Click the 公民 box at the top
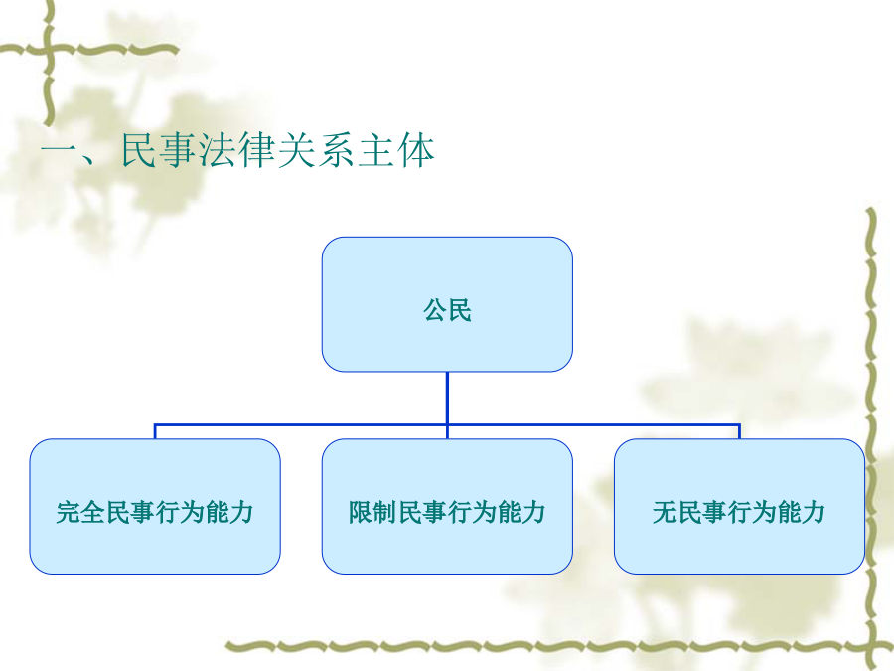pos(447,304)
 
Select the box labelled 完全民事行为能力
pos(155,506)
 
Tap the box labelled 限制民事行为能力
pos(447,506)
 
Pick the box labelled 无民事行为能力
pos(739,506)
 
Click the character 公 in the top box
pos(434,311)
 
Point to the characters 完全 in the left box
pos(80,512)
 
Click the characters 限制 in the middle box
pos(372,512)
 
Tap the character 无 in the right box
pos(665,512)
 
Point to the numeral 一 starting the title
pos(60,151)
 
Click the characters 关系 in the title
pos(317,151)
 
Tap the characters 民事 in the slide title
pos(160,151)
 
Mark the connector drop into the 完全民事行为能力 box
pos(155,432)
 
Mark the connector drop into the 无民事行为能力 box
pos(739,432)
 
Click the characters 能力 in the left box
pos(229,512)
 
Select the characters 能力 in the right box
pos(801,512)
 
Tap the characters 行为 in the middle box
pos(472,512)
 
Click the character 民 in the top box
pos(460,311)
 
